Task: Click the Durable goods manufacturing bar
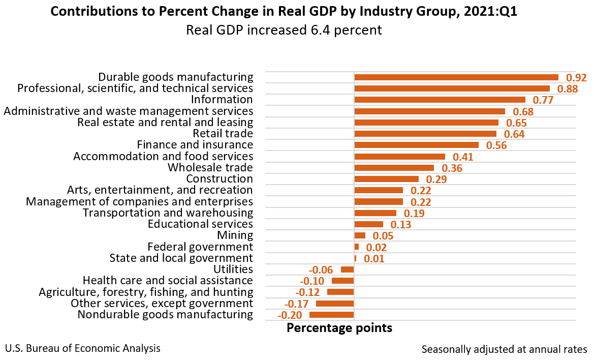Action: point(456,77)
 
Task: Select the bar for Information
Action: point(440,100)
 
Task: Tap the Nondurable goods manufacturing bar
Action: point(331,315)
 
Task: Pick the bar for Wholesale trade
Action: point(394,168)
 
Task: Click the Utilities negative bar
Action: point(347,269)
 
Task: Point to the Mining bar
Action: point(360,235)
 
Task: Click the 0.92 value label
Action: point(576,78)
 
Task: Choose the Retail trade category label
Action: point(223,134)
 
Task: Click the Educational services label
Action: point(200,224)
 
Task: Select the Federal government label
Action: point(200,247)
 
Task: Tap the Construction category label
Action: point(220,178)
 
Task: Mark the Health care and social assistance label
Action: point(168,280)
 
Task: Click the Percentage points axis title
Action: point(339,328)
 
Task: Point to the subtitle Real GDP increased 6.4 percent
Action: point(284,31)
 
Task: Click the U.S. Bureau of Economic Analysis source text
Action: point(83,348)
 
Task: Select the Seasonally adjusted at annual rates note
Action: point(504,349)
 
